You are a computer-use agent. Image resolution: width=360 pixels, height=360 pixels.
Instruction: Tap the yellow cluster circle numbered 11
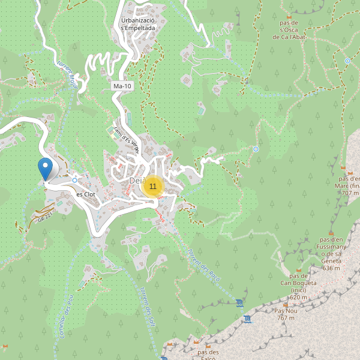tap(153, 187)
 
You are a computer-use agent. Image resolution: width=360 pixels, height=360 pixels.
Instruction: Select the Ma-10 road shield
tap(122, 86)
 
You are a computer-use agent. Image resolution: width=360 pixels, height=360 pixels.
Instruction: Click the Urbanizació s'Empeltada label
tap(138, 23)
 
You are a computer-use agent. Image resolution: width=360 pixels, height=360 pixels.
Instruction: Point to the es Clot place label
tap(86, 194)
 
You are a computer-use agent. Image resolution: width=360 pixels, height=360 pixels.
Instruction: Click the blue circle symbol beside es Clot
tap(74, 179)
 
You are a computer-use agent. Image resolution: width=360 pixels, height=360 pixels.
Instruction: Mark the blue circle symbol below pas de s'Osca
tap(347, 61)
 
